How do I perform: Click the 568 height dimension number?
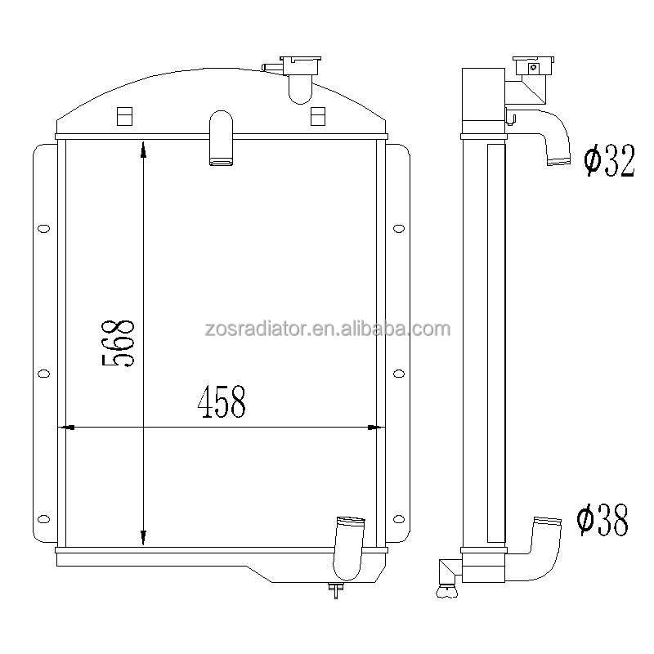tap(119, 343)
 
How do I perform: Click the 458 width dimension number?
tap(222, 401)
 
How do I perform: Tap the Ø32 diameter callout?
tap(609, 160)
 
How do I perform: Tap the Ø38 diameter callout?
tap(602, 520)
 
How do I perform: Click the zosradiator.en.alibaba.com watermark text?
tap(328, 329)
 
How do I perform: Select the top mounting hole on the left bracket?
tap(43, 228)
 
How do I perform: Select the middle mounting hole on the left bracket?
tap(43, 374)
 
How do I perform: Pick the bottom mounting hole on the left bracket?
tap(43, 519)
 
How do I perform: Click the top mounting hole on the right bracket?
tap(399, 228)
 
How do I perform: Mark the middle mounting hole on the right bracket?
tap(399, 374)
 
